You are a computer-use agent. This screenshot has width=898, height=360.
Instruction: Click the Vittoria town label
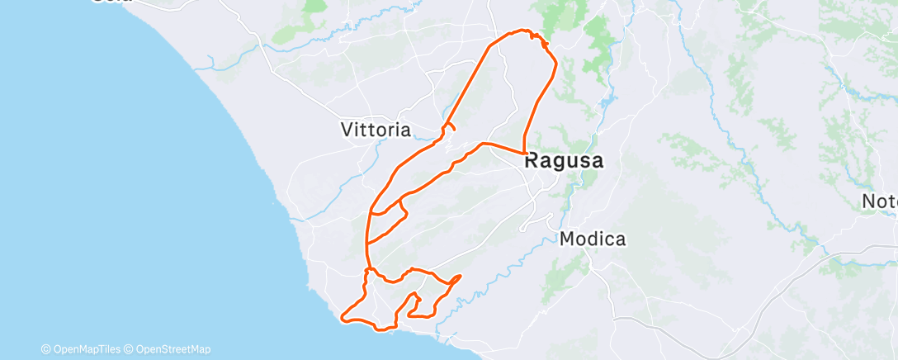point(376,130)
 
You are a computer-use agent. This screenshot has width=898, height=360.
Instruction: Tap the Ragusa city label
point(564,161)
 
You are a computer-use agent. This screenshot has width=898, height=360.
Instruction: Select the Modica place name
point(593,239)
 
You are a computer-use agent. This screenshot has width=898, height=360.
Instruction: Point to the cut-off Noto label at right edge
point(879,201)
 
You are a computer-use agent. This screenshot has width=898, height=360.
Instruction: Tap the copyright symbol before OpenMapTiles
point(45,349)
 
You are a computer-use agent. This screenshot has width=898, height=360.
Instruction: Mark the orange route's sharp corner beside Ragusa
point(525,153)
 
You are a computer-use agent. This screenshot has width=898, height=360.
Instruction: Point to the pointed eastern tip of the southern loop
point(460,275)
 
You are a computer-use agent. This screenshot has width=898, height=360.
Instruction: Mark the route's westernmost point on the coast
point(343,317)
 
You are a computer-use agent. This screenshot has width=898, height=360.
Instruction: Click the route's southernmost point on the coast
point(381,329)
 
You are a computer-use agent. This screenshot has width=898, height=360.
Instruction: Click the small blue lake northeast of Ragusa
point(608,103)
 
